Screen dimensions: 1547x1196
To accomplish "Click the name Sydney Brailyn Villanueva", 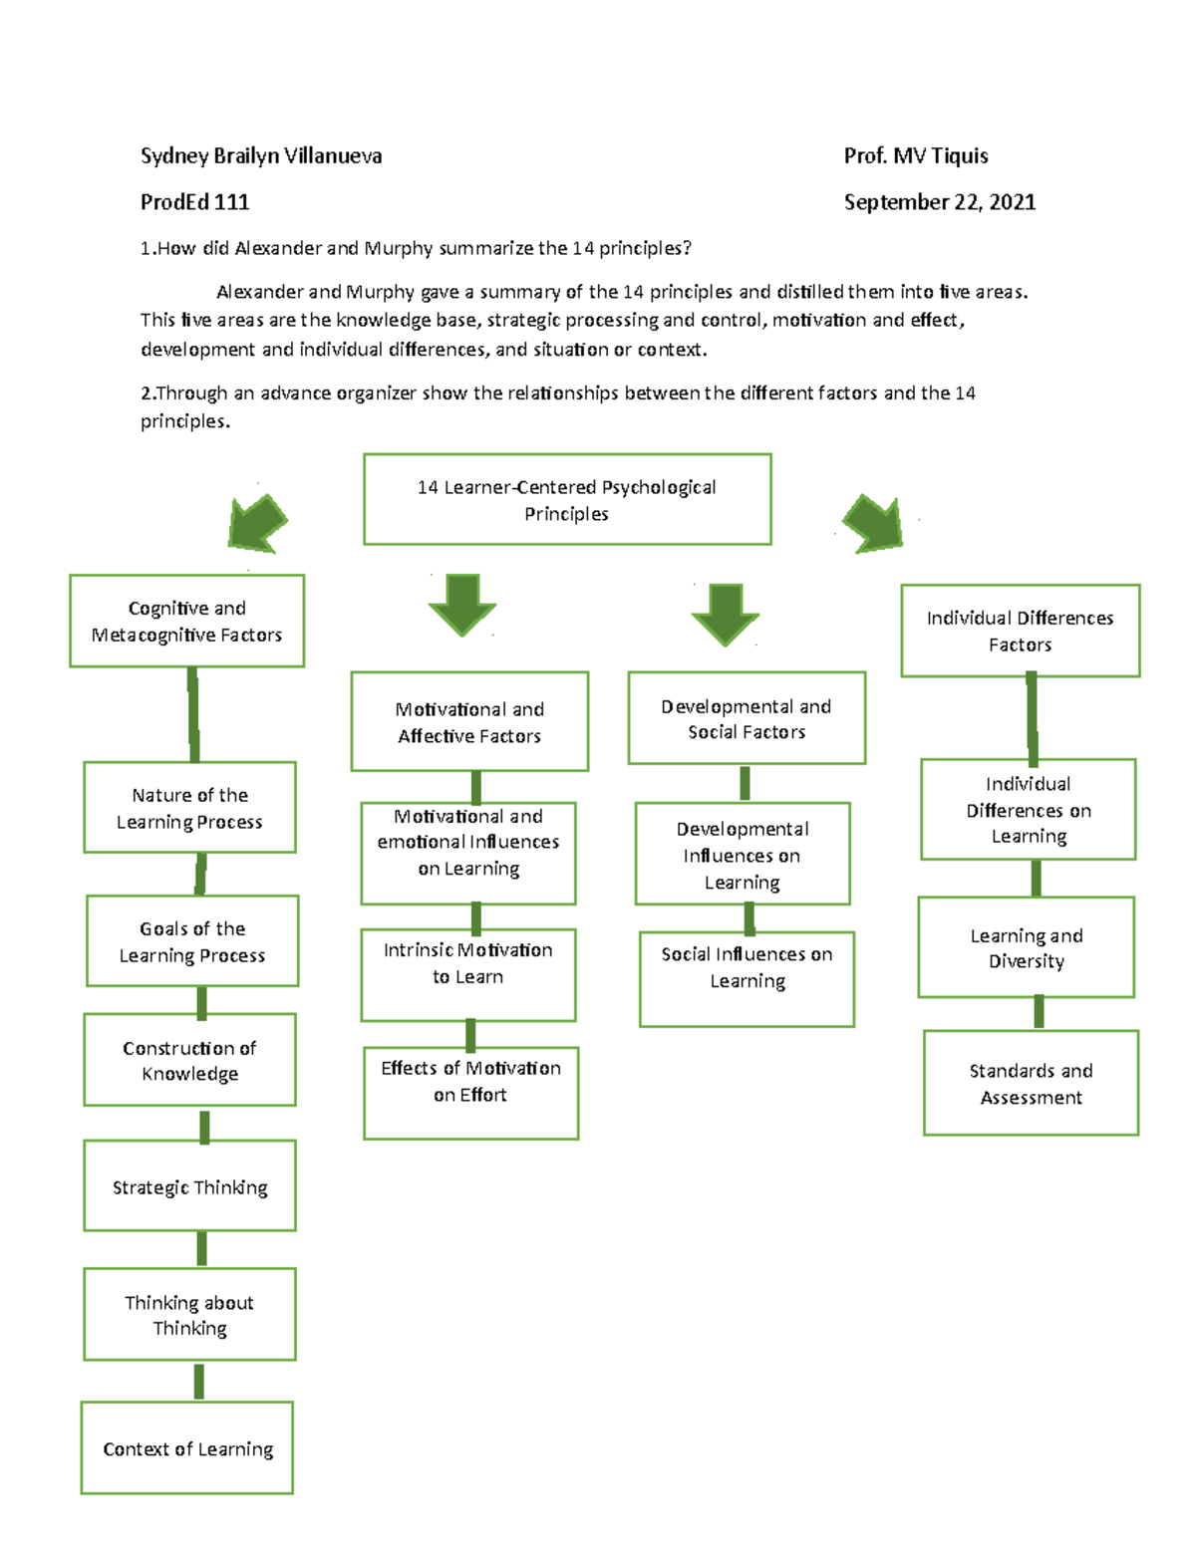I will [261, 155].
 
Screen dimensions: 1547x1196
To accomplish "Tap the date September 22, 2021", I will [939, 202].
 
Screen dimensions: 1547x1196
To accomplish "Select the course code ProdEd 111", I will [194, 202].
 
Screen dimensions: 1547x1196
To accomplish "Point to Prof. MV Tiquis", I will [915, 155].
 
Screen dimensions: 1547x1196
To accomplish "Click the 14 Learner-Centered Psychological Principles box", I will [567, 500].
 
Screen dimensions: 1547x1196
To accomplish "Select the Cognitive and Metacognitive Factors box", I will [186, 622].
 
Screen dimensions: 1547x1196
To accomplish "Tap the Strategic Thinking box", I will [189, 1186].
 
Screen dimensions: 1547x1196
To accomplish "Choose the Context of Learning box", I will [187, 1448].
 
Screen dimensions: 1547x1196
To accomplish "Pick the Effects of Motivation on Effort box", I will [470, 1093].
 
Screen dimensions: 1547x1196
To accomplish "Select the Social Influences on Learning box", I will [747, 979].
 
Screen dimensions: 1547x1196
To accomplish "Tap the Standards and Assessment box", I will [1031, 1084].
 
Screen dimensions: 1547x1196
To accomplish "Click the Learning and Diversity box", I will [1026, 947].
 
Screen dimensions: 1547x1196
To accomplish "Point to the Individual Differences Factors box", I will [1020, 631].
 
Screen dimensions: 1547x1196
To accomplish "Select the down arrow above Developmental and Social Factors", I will [726, 612].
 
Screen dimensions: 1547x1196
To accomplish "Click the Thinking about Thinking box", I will [189, 1315].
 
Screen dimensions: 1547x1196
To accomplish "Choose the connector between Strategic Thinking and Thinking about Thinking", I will [201, 1249].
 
